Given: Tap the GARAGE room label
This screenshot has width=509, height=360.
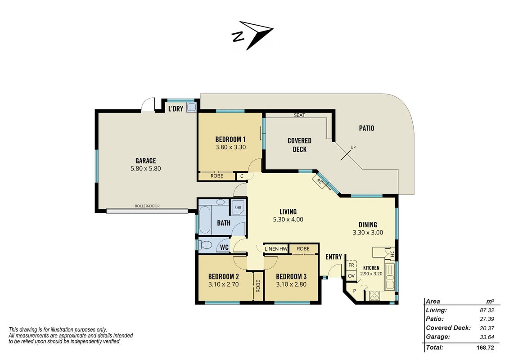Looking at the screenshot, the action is [146, 161].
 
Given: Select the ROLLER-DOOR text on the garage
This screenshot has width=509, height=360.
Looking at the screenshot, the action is [147, 206].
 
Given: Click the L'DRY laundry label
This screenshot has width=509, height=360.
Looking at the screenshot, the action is [176, 109].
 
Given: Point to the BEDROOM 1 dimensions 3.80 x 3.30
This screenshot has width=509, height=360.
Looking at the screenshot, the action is [230, 147].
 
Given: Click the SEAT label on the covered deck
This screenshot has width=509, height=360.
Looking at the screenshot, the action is [299, 115].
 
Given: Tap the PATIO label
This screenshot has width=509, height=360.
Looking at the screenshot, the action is [366, 128].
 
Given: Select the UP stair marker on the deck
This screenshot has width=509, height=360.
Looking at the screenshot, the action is [353, 148].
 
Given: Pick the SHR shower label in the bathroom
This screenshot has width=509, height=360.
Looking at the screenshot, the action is [238, 207].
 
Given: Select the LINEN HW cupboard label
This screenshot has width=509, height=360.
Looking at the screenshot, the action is [276, 249].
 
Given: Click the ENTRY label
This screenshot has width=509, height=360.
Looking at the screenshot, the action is [333, 257].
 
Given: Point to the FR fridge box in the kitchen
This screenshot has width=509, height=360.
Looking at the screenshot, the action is [351, 265].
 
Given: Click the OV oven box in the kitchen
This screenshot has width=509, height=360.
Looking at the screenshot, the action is [351, 275].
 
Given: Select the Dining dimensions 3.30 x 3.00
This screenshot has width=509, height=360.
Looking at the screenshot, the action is [368, 233].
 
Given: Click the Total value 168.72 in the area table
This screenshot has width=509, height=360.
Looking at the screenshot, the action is [485, 348].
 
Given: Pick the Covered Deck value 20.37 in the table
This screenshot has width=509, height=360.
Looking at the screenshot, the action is [487, 328].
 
